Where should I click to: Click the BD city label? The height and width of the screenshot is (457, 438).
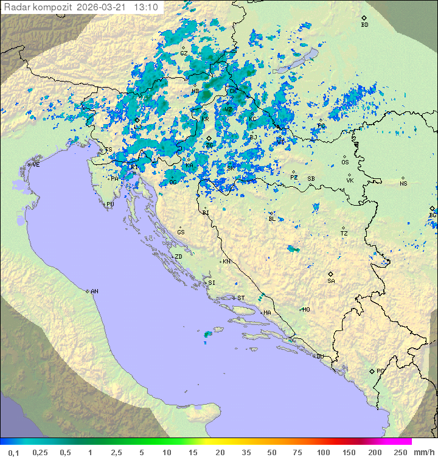click(x=364, y=25)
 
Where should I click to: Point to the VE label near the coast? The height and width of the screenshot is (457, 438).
click(x=36, y=165)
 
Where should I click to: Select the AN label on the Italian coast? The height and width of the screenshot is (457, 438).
click(x=94, y=291)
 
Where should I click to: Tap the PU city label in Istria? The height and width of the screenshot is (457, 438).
click(x=110, y=204)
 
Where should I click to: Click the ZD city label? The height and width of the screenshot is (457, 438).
click(x=178, y=257)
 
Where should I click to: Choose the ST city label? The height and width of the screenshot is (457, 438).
click(x=241, y=298)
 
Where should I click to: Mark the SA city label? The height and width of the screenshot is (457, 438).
click(x=331, y=281)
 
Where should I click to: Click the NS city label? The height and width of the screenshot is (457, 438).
click(x=403, y=184)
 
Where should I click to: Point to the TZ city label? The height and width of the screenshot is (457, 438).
click(x=344, y=234)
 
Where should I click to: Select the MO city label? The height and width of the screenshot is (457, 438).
click(x=306, y=310)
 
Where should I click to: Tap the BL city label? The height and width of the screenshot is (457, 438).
click(x=272, y=219)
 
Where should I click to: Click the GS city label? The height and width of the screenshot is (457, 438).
click(x=181, y=232)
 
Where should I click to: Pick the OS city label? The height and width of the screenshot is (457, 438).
click(x=345, y=162)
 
